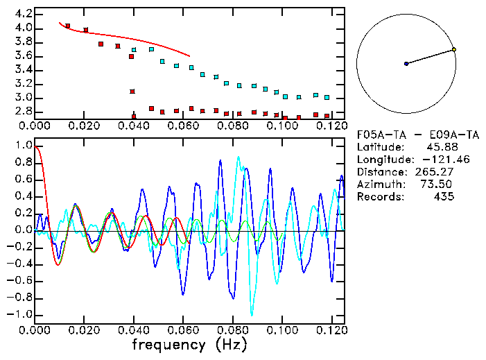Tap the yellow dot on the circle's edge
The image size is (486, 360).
(453, 49)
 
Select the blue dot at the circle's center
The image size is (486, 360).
(406, 64)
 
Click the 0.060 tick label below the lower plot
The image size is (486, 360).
(184, 329)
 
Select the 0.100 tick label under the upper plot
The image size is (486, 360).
(282, 127)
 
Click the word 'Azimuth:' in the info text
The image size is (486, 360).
(379, 185)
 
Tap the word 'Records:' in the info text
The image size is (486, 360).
(379, 197)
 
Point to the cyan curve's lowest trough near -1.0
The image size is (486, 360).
(252, 314)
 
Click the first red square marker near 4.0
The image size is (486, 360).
(67, 26)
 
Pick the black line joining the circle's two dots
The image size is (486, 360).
(430, 56)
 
